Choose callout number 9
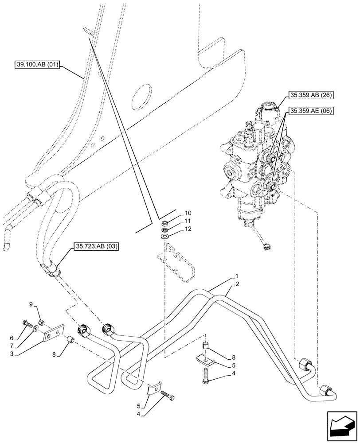pos(31,304)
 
